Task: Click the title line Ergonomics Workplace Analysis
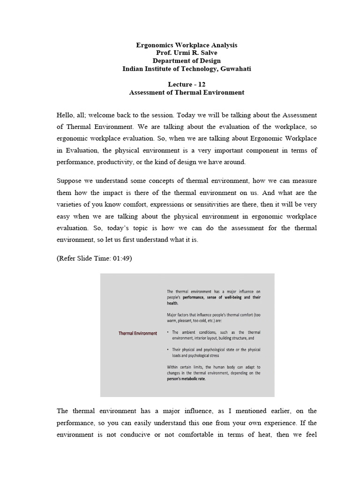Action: [x=187, y=45]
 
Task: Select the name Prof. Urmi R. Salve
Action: [x=187, y=53]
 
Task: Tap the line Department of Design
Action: [x=187, y=61]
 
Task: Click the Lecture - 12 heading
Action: [x=187, y=84]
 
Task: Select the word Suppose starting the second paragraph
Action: [x=69, y=181]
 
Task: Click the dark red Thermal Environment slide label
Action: [x=138, y=333]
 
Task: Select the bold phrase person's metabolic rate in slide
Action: [x=186, y=379]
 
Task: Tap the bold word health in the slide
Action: [x=172, y=303]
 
